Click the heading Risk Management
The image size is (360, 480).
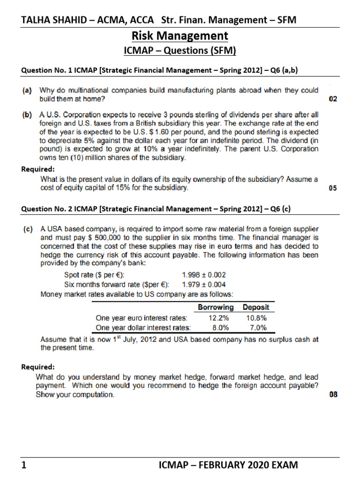pos(180,36)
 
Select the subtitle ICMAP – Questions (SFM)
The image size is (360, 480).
pos(180,51)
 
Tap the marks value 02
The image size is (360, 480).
pos(333,99)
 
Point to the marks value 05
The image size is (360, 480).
pos(333,188)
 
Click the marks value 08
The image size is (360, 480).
pos(333,395)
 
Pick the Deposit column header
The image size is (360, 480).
pos(256,307)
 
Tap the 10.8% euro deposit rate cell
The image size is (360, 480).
pos(255,317)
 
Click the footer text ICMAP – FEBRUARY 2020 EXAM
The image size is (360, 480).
pos(228,465)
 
